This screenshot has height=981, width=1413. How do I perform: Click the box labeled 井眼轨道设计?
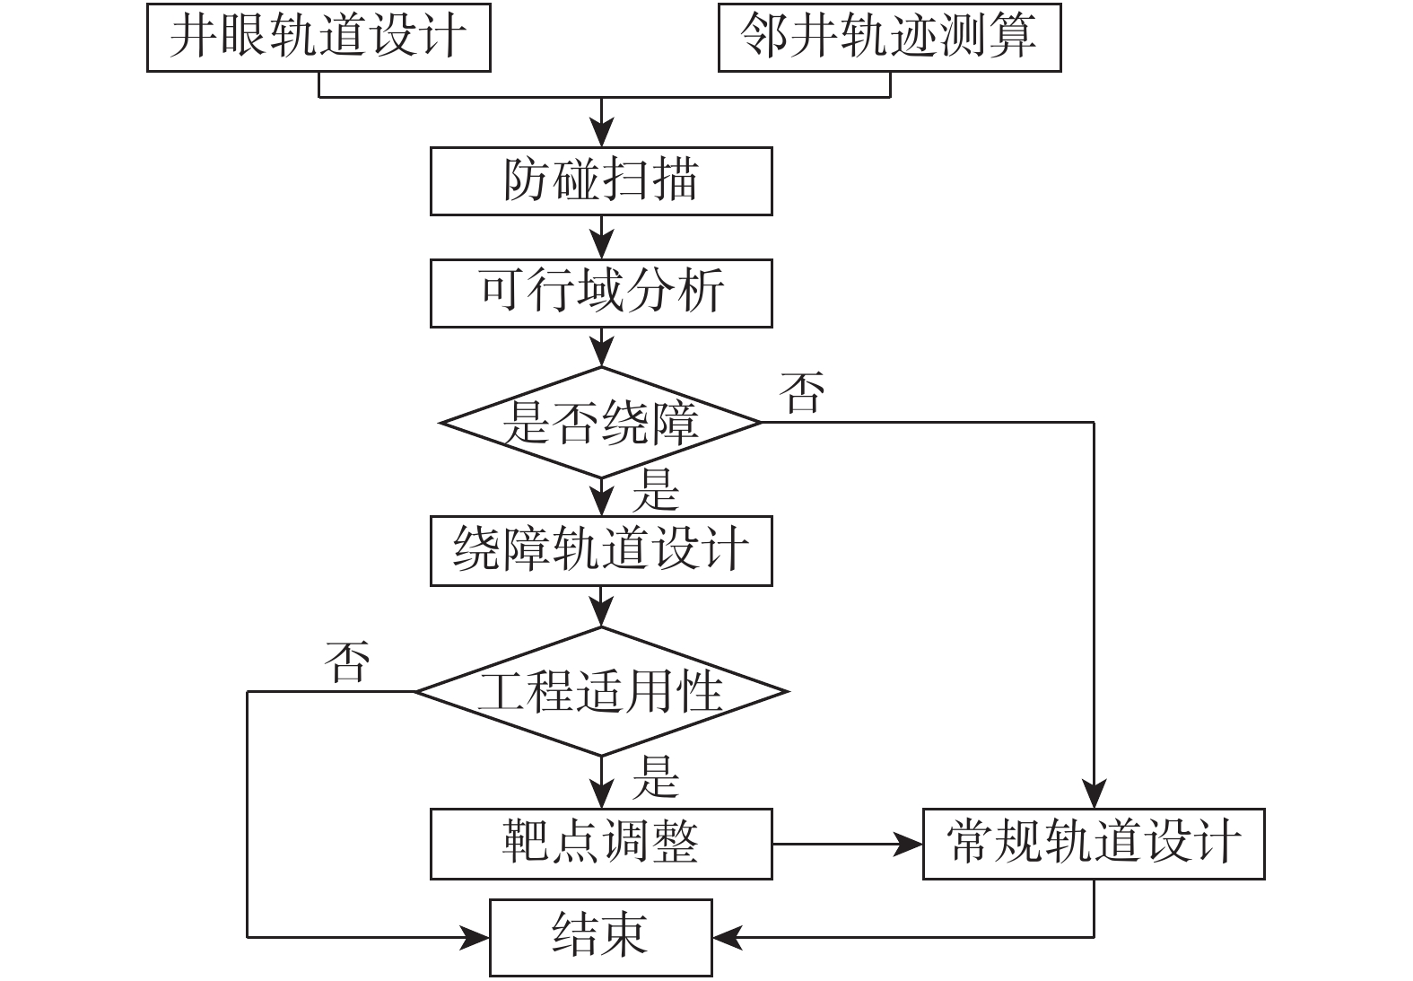pyautogui.click(x=318, y=37)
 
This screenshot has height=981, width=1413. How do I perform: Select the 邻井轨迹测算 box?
pyautogui.click(x=889, y=37)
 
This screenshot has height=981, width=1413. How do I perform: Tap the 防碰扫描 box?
pyautogui.click(x=601, y=181)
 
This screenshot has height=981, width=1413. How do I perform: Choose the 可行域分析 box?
pyautogui.click(x=601, y=293)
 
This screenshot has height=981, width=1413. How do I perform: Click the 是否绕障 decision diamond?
pyautogui.click(x=601, y=422)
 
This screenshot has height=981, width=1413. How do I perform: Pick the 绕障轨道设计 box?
pyautogui.click(x=601, y=550)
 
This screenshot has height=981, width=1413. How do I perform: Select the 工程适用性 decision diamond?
pyautogui.click(x=601, y=691)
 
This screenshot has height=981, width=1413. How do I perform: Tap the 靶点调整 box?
pyautogui.click(x=601, y=844)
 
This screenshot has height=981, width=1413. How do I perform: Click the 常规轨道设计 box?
pyautogui.click(x=1094, y=844)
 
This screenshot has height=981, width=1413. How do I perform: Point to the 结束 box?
pyautogui.click(x=600, y=937)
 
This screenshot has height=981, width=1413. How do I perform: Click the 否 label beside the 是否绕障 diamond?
pyautogui.click(x=802, y=393)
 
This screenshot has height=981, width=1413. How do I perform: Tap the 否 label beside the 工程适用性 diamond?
pyautogui.click(x=347, y=662)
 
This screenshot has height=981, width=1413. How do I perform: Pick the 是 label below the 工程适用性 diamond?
pyautogui.click(x=656, y=777)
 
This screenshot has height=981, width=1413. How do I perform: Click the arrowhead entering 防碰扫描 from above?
pyautogui.click(x=601, y=136)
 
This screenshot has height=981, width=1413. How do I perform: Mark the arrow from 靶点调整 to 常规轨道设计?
pyautogui.click(x=848, y=844)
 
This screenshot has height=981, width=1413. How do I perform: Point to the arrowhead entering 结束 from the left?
pyautogui.click(x=475, y=938)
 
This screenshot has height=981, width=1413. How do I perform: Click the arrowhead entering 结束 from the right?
pyautogui.click(x=727, y=938)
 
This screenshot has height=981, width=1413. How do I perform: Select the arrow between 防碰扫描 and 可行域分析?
pyautogui.click(x=601, y=238)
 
